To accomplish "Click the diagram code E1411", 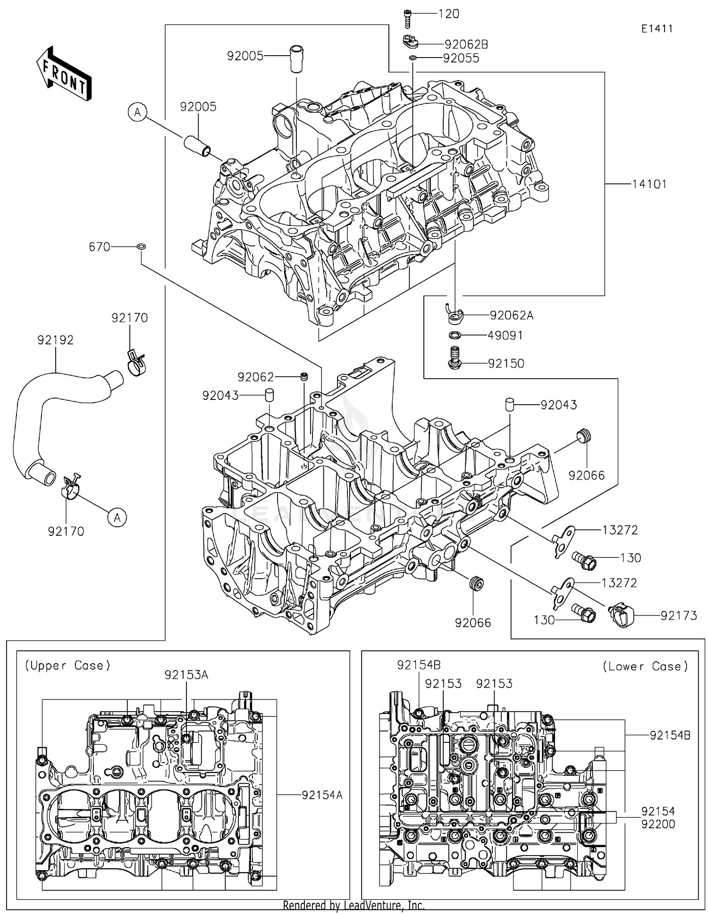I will point(657,29).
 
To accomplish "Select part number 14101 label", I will point(649,184).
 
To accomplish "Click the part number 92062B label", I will point(466,44).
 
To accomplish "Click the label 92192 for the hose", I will point(56,340).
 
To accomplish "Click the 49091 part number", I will point(505,335).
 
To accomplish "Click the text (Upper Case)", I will point(67,665).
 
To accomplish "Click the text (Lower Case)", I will point(645,666).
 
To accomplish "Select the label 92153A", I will point(186,675).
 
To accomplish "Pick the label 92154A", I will point(322,795).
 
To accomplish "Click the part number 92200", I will point(658,824).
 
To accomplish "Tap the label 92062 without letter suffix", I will point(255,377).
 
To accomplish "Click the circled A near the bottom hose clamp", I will point(117,517).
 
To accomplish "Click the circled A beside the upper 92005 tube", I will point(137,112).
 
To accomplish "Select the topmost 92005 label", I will point(245,56).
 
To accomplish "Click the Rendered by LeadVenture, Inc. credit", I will point(354,905).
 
